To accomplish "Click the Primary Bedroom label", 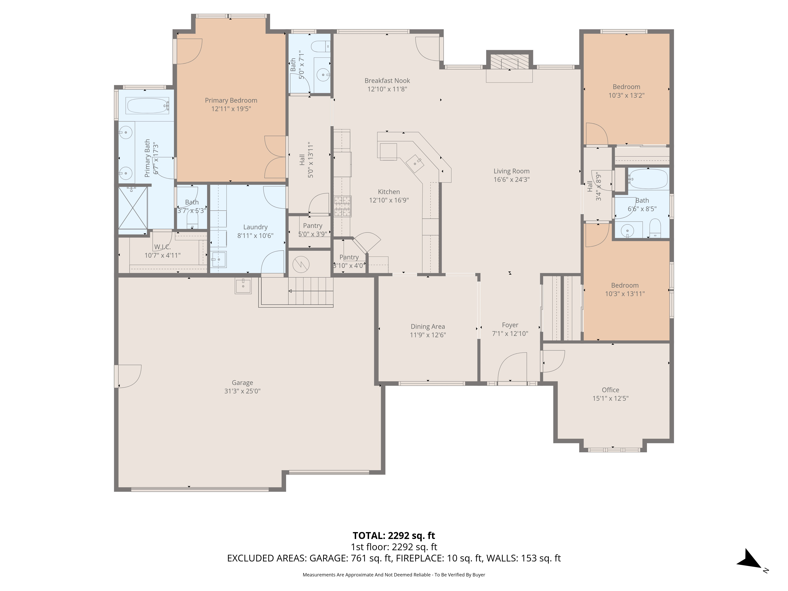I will pyautogui.click(x=231, y=100).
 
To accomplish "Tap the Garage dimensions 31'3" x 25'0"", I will pyautogui.click(x=242, y=391).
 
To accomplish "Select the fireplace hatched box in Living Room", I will pyautogui.click(x=509, y=62).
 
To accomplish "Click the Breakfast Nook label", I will pyautogui.click(x=387, y=81).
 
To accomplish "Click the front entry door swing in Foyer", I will pyautogui.click(x=512, y=367).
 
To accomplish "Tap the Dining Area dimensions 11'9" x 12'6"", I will pyautogui.click(x=427, y=335).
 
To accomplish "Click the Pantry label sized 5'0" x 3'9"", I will pyautogui.click(x=312, y=226).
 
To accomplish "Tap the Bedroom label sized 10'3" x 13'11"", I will pyautogui.click(x=624, y=285).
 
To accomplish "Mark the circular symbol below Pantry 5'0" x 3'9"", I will pyautogui.click(x=301, y=264).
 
